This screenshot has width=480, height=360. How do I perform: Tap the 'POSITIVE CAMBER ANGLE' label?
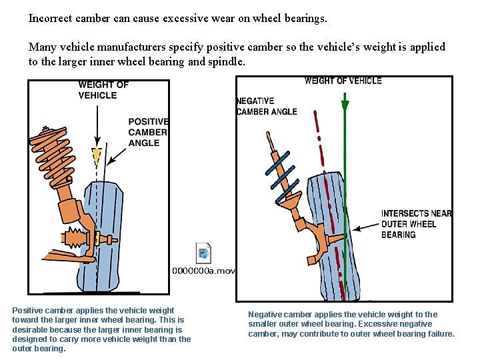coord(148,132)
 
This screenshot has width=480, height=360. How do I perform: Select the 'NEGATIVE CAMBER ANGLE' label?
coord(266,106)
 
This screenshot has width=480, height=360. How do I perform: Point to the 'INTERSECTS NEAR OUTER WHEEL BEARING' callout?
coord(416,224)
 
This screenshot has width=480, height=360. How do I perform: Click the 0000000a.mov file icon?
coord(204,253)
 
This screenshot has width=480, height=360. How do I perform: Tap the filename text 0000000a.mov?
coord(204,270)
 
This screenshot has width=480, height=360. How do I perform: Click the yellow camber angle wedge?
coord(97,157)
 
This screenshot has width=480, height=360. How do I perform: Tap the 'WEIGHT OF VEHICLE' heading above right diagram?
coord(343,81)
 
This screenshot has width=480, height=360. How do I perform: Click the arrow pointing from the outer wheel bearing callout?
coord(364,227)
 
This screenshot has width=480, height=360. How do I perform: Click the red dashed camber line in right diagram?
coord(333,200)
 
